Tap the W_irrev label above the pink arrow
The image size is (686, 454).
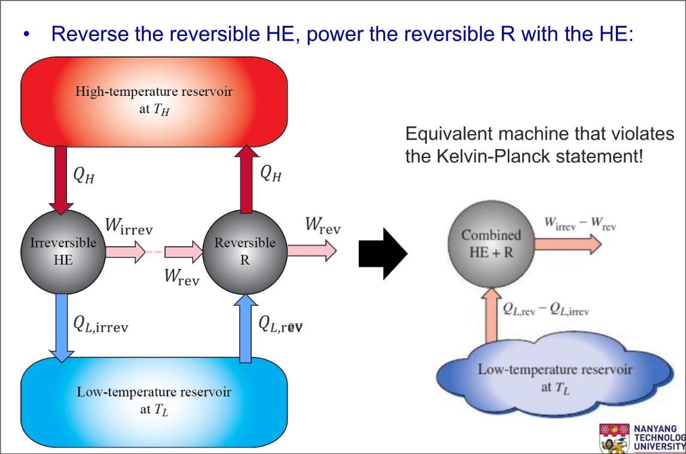tap(129, 227)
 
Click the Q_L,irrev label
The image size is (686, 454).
tap(100, 325)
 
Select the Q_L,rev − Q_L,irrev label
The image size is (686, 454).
tap(545, 310)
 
